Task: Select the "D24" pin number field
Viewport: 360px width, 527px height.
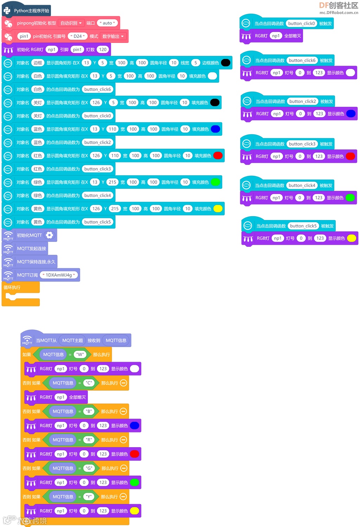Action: [x=77, y=36]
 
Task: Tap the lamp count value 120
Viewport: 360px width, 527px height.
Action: [x=103, y=50]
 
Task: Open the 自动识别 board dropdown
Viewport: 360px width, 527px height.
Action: [x=71, y=23]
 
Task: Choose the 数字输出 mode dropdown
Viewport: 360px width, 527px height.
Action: [x=113, y=36]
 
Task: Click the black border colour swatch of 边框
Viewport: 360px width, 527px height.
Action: [x=226, y=63]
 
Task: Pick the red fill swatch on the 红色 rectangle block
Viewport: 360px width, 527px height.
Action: [x=218, y=156]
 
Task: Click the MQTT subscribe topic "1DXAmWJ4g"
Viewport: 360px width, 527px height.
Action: [x=59, y=275]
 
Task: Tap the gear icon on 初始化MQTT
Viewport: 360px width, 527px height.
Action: [x=50, y=235]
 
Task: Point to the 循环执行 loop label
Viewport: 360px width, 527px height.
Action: [x=12, y=288]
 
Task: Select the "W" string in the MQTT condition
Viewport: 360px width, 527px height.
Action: [x=81, y=354]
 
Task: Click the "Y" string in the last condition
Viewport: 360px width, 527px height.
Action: [x=89, y=497]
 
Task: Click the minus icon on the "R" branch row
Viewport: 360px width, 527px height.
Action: [x=123, y=440]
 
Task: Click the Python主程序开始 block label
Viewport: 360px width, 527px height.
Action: [x=31, y=11]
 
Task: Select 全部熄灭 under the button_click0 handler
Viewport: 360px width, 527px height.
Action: [x=292, y=36]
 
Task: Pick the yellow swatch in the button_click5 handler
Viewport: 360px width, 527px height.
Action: [x=351, y=238]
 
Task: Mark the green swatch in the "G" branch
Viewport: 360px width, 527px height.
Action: [x=135, y=482]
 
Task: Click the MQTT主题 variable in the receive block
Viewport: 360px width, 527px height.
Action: [x=72, y=340]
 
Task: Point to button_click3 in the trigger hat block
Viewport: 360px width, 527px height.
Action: [x=302, y=144]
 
